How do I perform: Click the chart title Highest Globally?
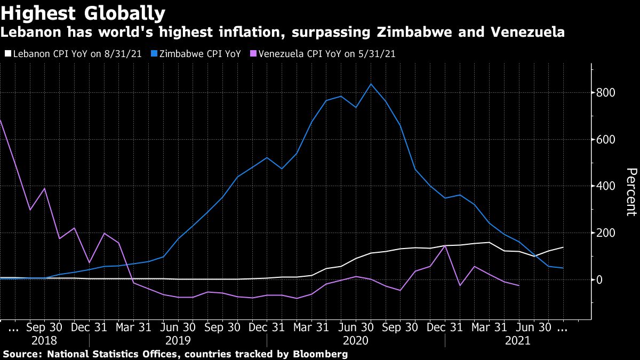click(x=83, y=12)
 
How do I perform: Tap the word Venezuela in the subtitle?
click(x=525, y=33)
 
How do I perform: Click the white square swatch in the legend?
click(x=7, y=54)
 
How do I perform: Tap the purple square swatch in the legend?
click(x=253, y=54)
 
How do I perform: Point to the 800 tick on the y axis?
click(x=607, y=93)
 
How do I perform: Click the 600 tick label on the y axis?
click(x=607, y=140)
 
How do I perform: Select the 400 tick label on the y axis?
click(x=607, y=186)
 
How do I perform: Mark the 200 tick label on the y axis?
click(x=607, y=233)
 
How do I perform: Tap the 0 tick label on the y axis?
click(x=601, y=279)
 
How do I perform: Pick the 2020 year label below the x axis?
click(x=356, y=340)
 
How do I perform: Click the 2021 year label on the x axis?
click(x=517, y=340)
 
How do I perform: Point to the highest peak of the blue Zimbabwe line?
click(x=371, y=84)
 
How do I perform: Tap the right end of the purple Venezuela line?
click(x=519, y=286)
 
